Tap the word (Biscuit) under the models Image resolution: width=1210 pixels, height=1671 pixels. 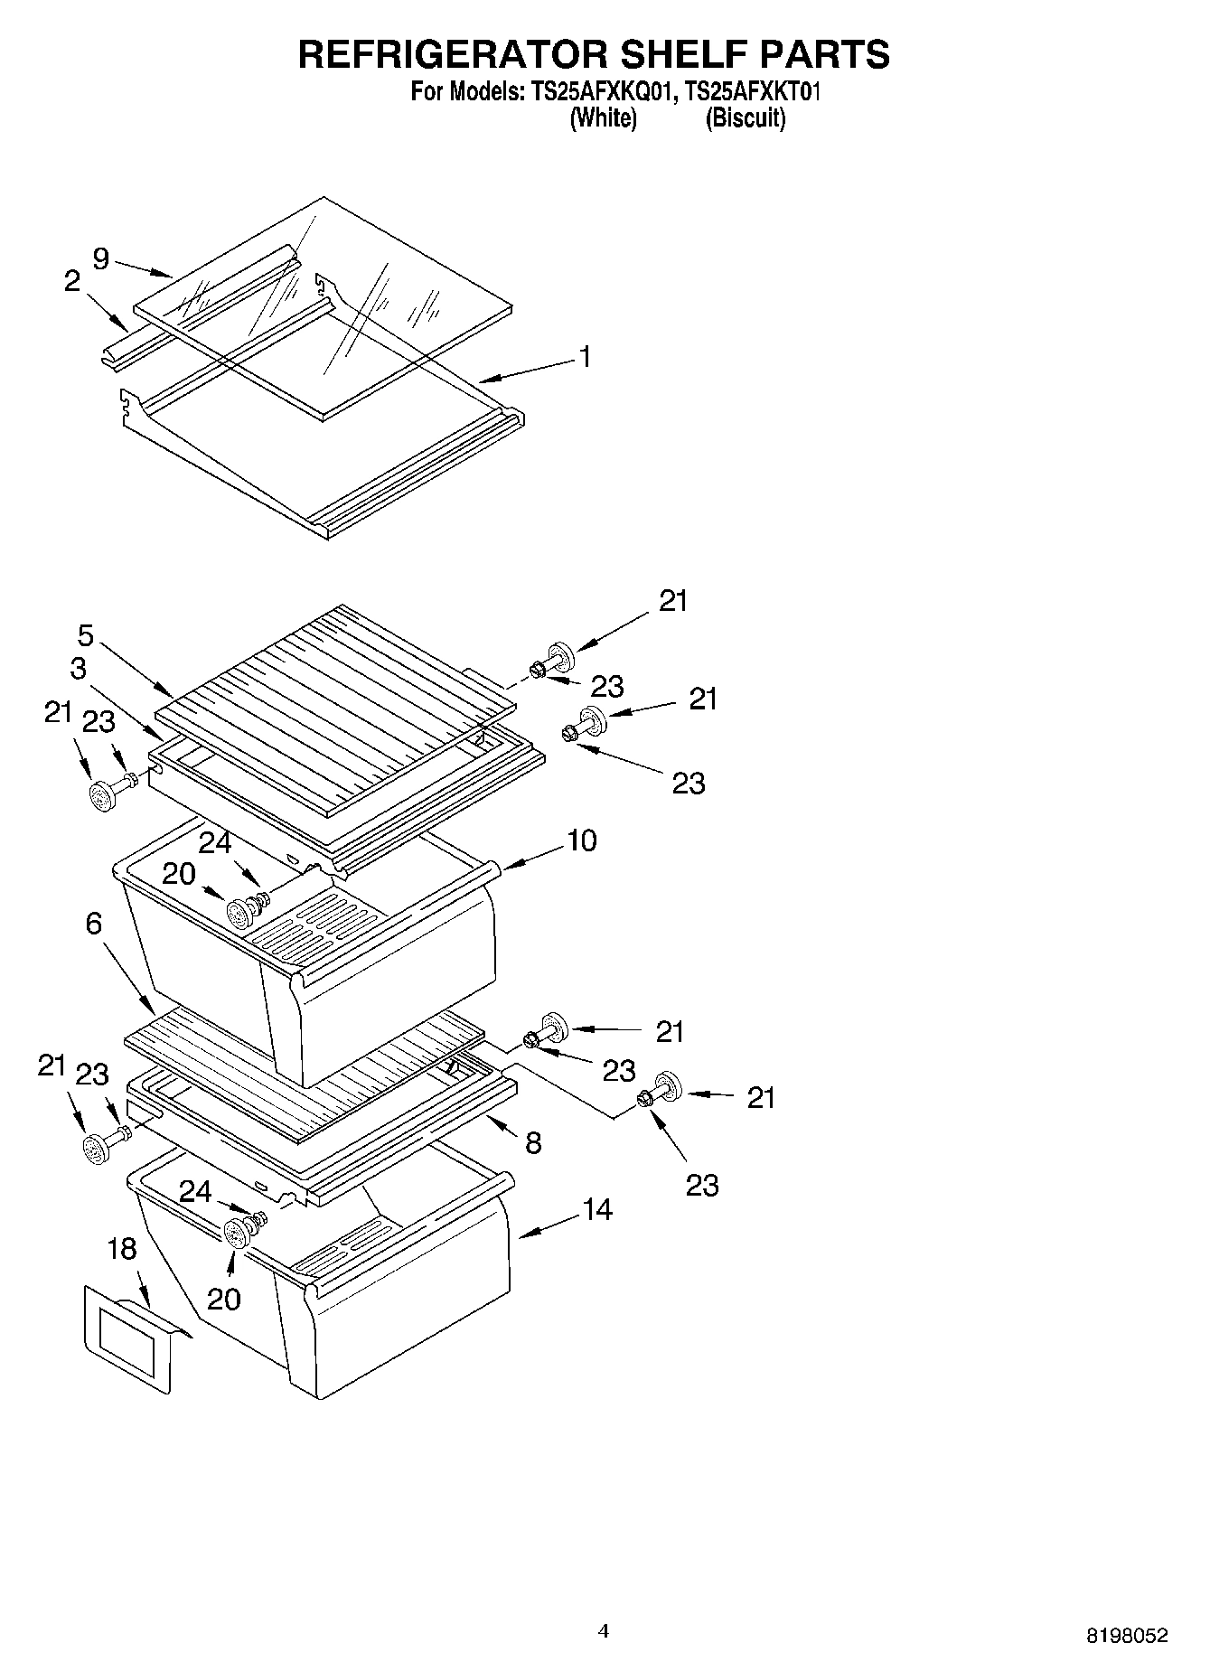pos(746,117)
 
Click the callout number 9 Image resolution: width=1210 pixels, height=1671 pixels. pos(101,259)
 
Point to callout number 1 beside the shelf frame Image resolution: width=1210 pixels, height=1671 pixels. pos(585,357)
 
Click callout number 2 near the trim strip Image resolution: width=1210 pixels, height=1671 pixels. pos(72,281)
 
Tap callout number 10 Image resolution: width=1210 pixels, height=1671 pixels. pos(581,840)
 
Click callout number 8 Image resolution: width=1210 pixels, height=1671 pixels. pos(533,1143)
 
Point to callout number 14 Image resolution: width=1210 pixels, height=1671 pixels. pos(597,1209)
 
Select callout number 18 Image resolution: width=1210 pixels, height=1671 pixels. pos(122,1249)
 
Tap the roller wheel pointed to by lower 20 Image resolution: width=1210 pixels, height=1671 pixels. pos(238,1233)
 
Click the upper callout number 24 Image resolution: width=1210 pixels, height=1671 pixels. pos(215,842)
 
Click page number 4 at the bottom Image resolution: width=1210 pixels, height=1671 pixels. pos(604,1631)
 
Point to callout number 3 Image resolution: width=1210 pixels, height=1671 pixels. pos(79,669)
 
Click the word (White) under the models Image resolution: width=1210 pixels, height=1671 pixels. pos(603,117)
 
